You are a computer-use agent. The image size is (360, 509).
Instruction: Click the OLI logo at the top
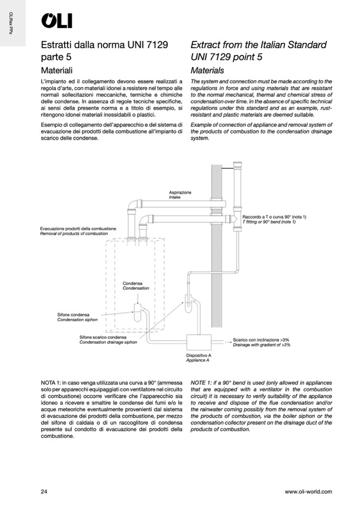57,21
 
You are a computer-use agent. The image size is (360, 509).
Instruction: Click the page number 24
44,491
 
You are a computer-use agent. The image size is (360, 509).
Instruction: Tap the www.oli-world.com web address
308,491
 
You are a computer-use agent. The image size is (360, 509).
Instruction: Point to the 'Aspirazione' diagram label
180,192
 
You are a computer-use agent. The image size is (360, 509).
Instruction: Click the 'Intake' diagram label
175,197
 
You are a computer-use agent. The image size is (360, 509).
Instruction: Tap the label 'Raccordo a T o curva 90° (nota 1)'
275,217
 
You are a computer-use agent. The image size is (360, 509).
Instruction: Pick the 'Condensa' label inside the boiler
132,283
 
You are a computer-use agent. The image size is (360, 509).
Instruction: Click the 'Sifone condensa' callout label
74,315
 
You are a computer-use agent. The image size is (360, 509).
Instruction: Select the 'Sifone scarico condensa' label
103,338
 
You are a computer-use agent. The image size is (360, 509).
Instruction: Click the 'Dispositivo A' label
199,355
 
